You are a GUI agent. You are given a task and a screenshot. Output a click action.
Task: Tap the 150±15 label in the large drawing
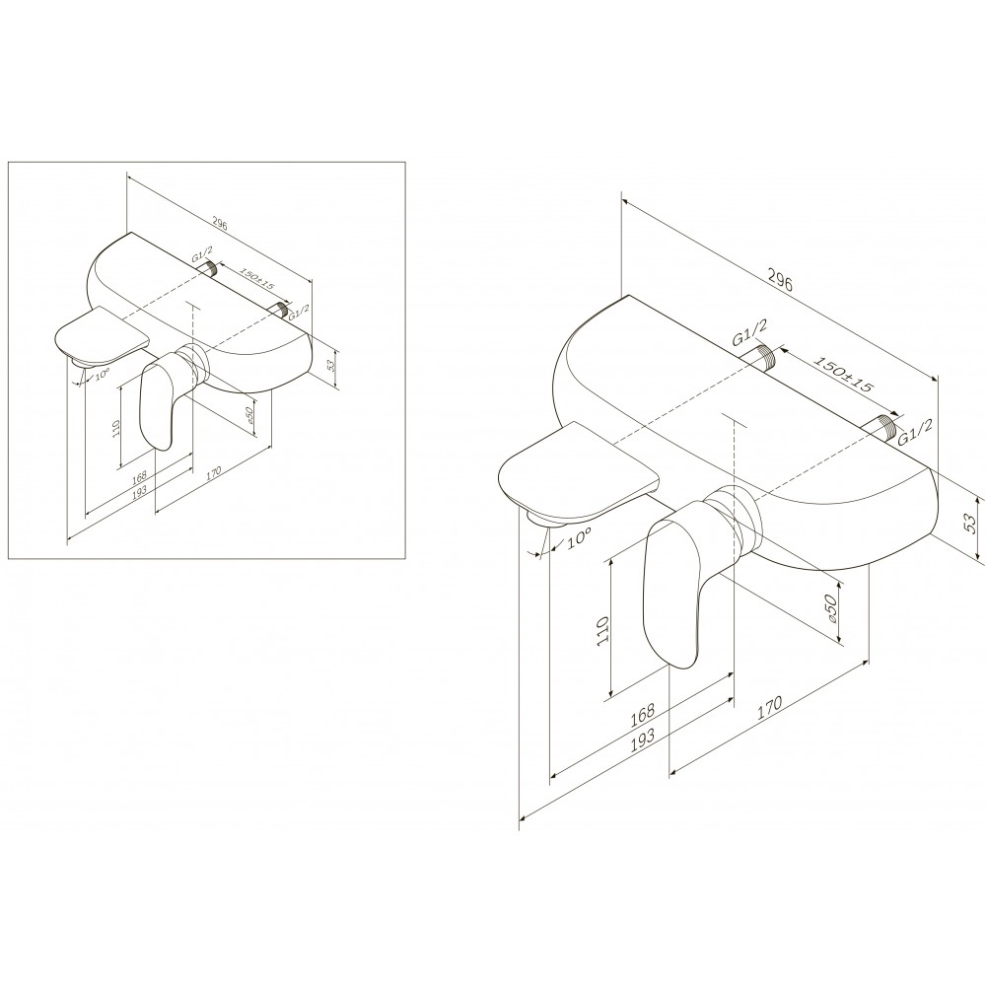[x=843, y=375]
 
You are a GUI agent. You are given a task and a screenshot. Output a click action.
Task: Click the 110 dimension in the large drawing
[x=603, y=629]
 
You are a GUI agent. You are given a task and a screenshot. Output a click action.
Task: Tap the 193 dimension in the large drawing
[x=642, y=736]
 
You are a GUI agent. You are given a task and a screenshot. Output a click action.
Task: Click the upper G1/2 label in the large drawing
[x=749, y=332]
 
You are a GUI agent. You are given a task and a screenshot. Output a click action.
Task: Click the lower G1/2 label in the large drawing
[x=915, y=432]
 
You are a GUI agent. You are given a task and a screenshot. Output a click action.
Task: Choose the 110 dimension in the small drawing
[x=115, y=430]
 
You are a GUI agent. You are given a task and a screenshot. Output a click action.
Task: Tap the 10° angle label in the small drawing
[x=103, y=375]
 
